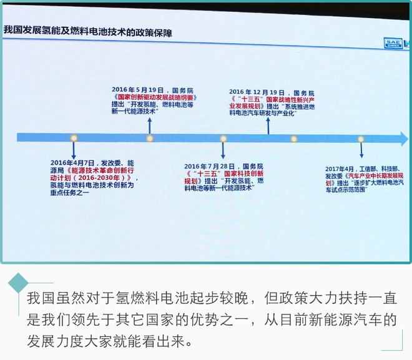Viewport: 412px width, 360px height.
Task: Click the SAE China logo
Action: point(395,42)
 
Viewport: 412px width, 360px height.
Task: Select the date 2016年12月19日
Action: point(257,92)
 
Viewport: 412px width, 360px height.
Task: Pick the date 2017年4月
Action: point(340,169)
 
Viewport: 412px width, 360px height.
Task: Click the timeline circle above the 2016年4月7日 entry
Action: point(74,138)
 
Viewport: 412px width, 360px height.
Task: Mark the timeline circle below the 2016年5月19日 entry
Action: point(149,138)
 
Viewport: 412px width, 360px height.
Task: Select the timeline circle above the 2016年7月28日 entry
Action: point(223,139)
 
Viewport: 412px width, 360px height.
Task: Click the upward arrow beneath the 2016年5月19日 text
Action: point(149,125)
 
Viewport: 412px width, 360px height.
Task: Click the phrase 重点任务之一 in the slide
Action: point(70,193)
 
